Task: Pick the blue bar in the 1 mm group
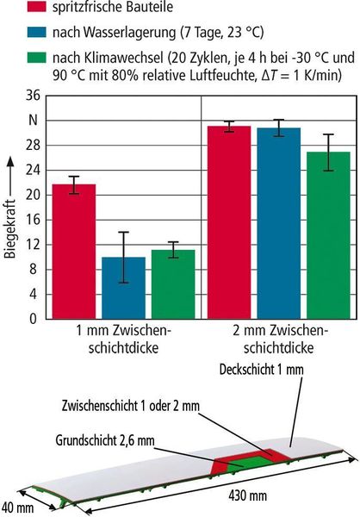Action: [124, 288]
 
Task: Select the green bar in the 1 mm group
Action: [173, 284]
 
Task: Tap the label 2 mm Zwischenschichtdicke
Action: [280, 339]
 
